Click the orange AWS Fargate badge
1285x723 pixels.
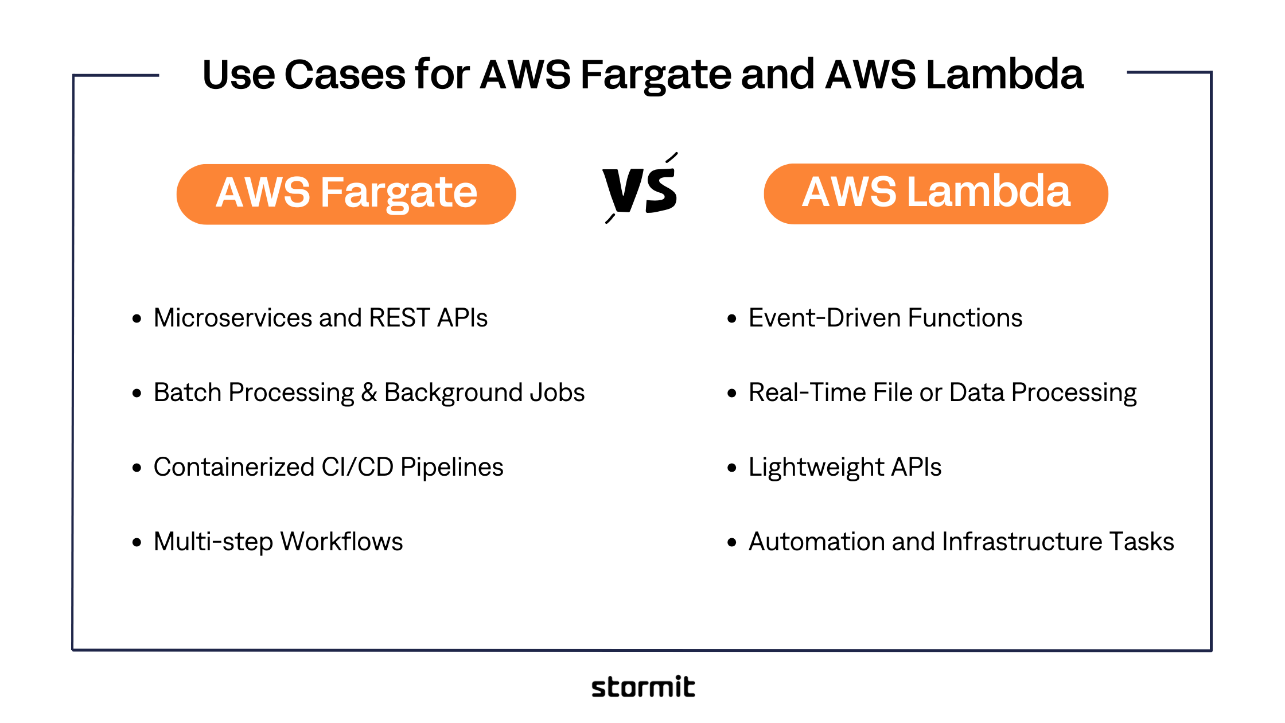[346, 194]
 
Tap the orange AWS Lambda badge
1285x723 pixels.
[936, 193]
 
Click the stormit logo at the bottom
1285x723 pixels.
[643, 687]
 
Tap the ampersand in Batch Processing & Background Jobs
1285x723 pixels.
[369, 392]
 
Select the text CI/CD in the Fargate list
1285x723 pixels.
[357, 467]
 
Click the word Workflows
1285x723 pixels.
[341, 542]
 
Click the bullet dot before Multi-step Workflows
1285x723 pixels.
[137, 542]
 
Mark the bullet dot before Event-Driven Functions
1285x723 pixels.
[731, 318]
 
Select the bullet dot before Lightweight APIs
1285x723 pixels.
[731, 468]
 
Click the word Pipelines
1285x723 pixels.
[451, 467]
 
